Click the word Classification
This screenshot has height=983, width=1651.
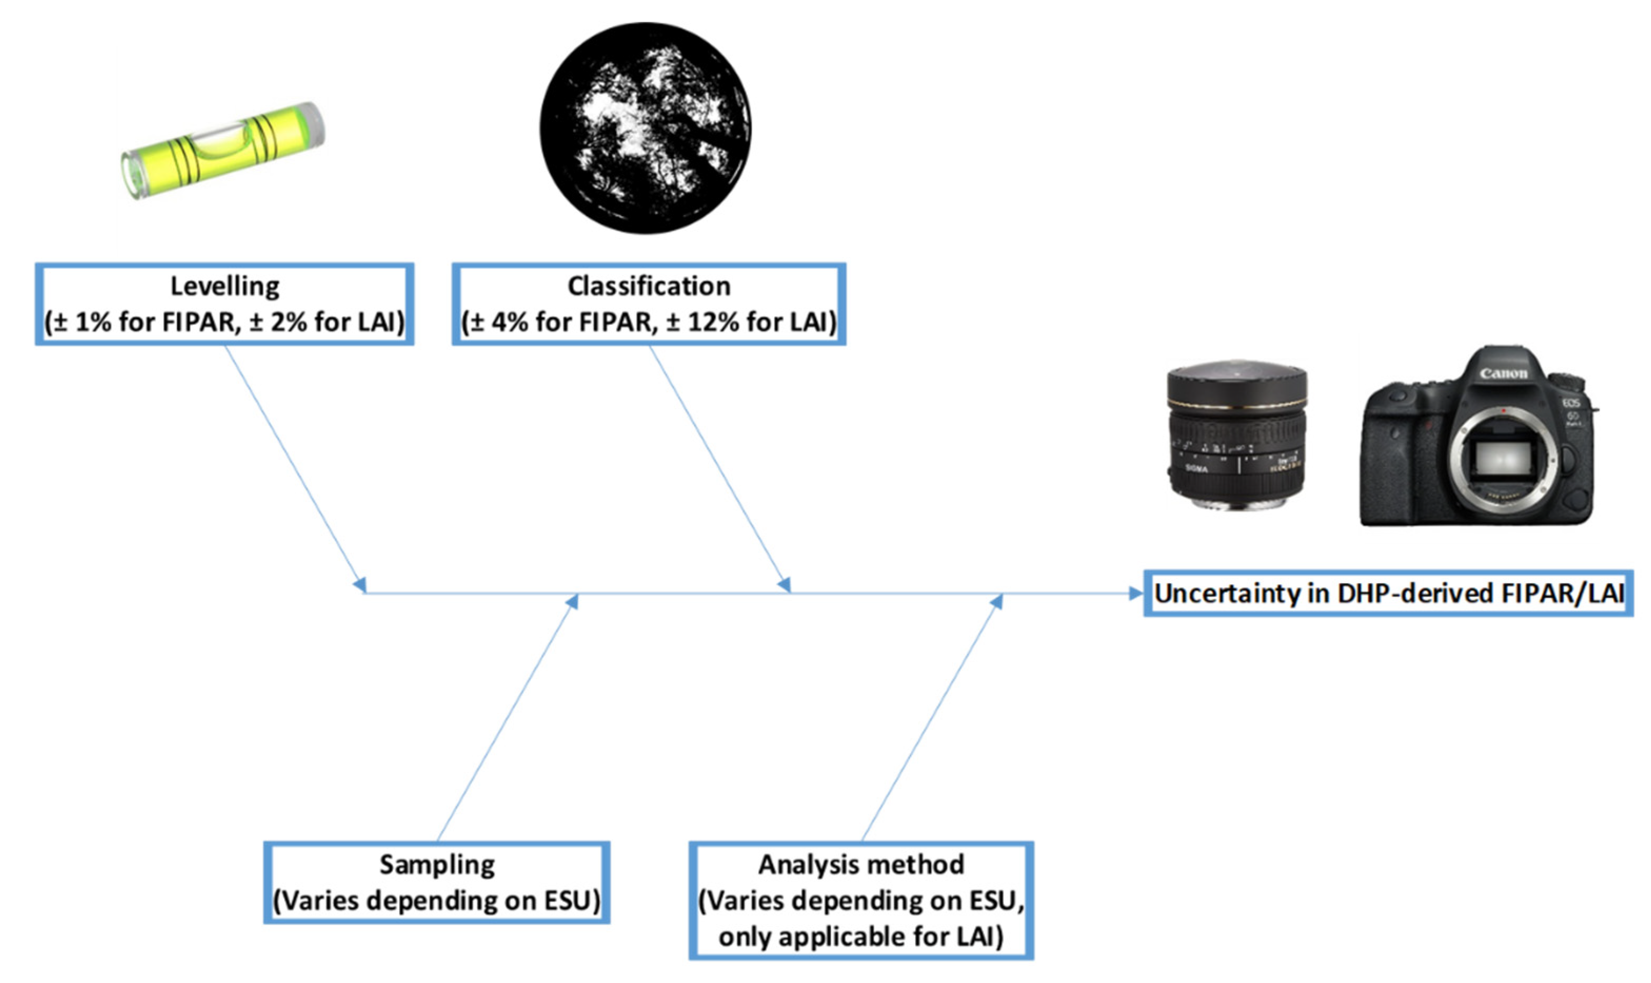click(649, 286)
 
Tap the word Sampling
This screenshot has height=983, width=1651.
click(437, 864)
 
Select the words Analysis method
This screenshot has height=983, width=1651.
click(861, 864)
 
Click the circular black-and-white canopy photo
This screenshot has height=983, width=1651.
click(645, 128)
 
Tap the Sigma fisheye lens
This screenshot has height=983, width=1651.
click(1236, 437)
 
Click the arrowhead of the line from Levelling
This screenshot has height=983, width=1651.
click(360, 585)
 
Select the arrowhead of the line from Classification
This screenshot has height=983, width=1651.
click(784, 585)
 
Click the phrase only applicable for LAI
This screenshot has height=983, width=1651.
click(861, 937)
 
